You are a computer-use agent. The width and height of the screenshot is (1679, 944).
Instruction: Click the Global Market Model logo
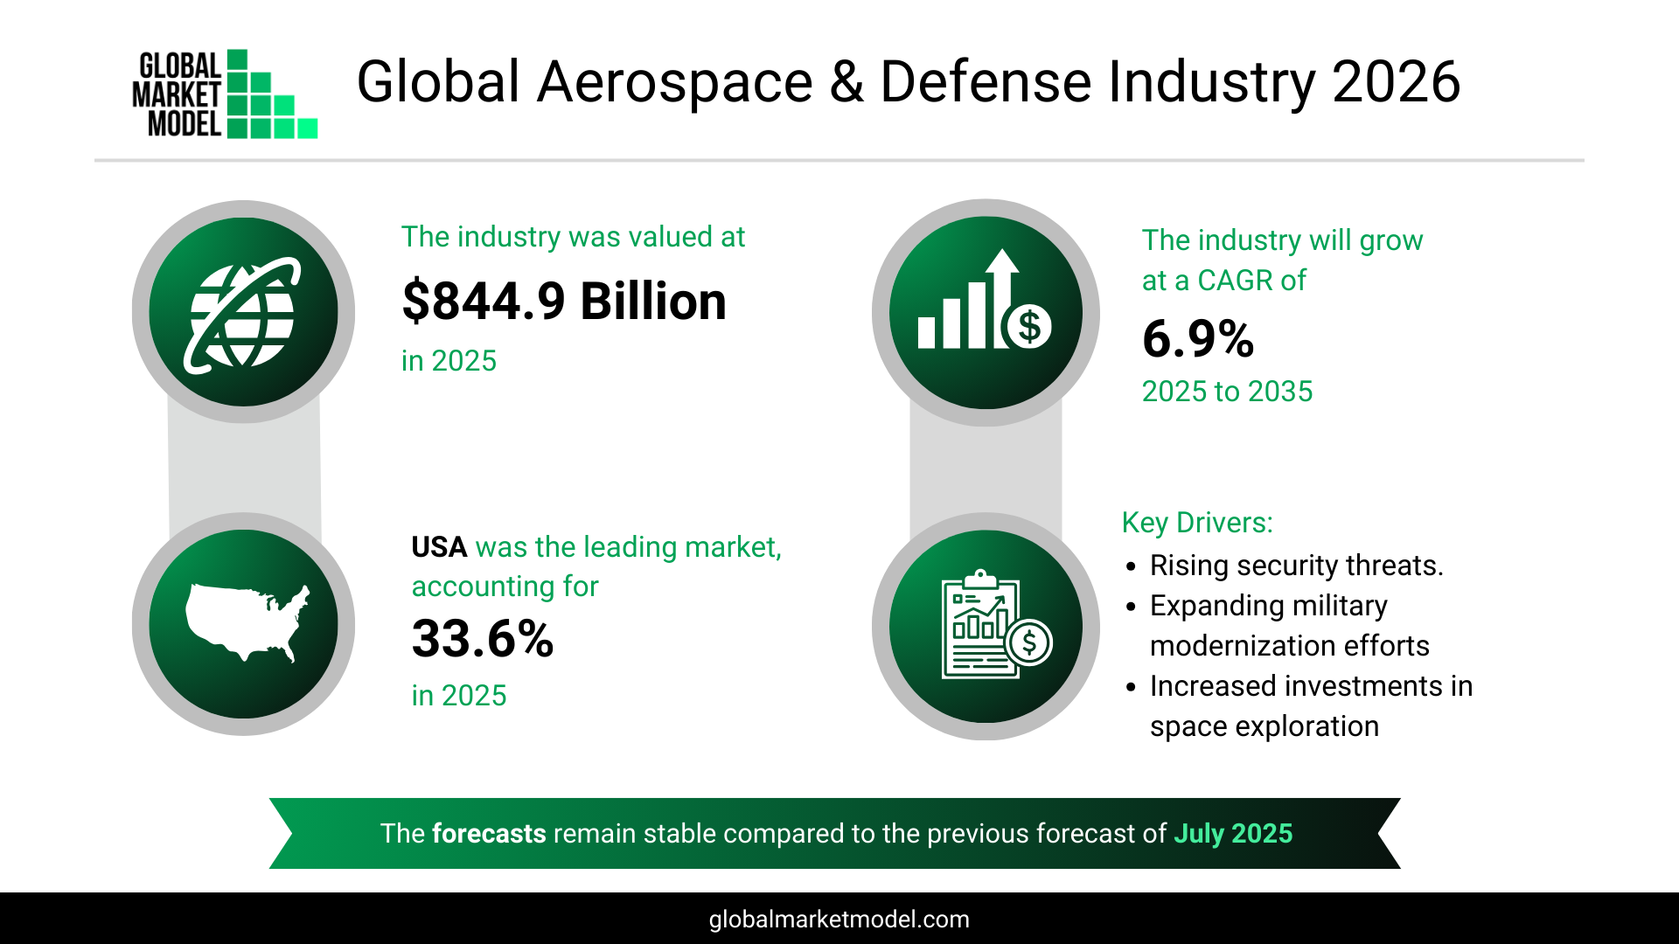[x=225, y=94]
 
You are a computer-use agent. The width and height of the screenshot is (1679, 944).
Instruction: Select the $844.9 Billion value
[x=564, y=302]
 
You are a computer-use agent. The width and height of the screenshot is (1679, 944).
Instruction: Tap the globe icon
[x=243, y=313]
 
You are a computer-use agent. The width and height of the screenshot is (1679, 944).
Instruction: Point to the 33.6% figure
[x=483, y=639]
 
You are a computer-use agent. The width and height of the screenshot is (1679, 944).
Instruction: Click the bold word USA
[x=439, y=547]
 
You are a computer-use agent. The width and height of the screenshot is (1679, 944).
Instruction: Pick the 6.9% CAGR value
[x=1198, y=339]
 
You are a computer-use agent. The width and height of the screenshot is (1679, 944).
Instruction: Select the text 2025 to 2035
[x=1227, y=392]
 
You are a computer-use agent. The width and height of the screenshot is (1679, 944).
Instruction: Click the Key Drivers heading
[x=1197, y=523]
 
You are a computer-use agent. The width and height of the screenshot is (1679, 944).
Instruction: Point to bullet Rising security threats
[x=1296, y=566]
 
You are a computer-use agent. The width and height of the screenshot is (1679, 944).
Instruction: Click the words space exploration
[x=1264, y=726]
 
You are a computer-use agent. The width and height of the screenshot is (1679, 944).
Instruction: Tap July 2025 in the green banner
[x=1232, y=834]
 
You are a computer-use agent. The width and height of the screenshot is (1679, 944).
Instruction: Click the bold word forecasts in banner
[x=489, y=834]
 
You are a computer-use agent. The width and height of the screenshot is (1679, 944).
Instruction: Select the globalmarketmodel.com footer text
[x=839, y=920]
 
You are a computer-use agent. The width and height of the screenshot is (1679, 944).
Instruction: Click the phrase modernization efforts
[x=1289, y=646]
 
